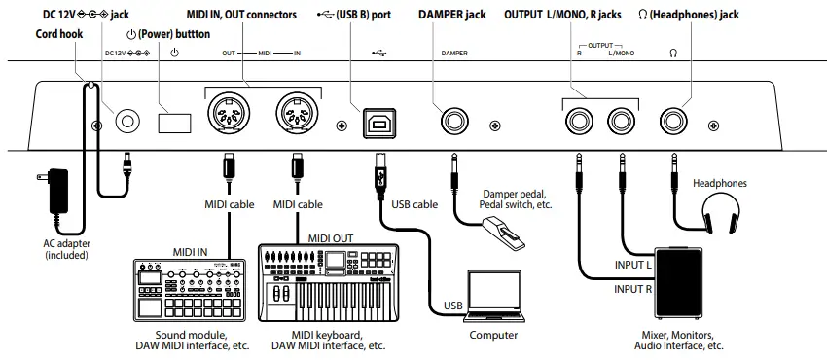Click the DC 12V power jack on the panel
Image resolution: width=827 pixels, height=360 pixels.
[x=127, y=122]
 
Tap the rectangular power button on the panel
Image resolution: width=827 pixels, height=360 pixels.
[x=176, y=123]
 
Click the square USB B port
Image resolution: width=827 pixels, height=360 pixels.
[x=376, y=123]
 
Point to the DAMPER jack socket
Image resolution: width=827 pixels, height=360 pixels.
[x=453, y=123]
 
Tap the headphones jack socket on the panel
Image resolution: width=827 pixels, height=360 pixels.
[x=673, y=123]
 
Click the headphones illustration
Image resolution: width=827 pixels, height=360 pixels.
[x=721, y=212]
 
